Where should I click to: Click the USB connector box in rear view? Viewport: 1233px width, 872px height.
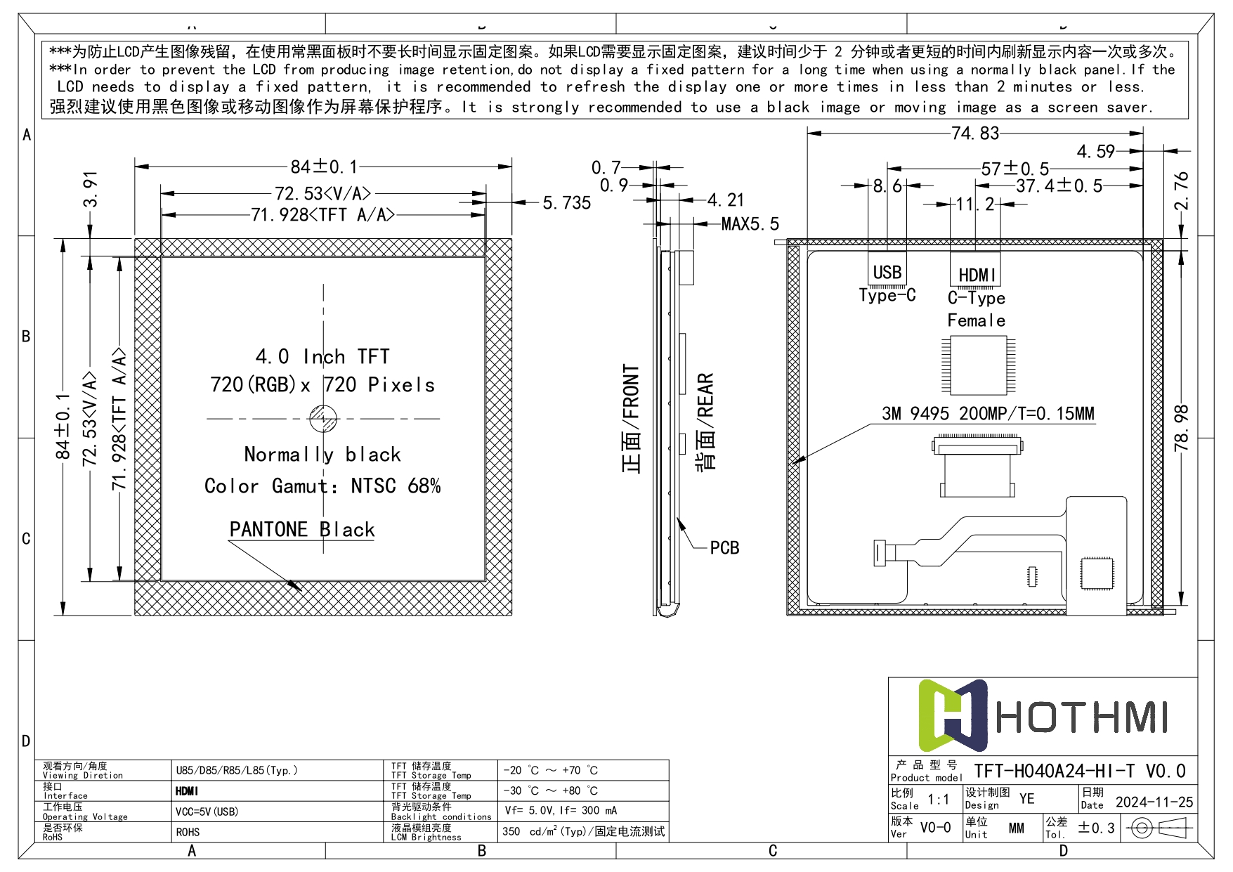tap(887, 271)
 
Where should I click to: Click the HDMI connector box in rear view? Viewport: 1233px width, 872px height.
tap(975, 273)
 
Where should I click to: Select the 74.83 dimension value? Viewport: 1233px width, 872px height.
tap(974, 133)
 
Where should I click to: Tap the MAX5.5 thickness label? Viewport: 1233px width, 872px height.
tap(750, 224)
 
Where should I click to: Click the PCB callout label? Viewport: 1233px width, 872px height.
tap(724, 547)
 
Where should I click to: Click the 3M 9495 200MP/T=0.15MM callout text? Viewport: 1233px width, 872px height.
tap(988, 413)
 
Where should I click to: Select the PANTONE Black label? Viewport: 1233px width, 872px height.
tap(302, 529)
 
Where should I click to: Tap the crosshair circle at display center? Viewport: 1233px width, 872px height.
tap(323, 419)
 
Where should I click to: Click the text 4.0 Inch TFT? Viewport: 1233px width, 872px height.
tap(322, 356)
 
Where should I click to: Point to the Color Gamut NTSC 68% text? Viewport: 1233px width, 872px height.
tap(322, 486)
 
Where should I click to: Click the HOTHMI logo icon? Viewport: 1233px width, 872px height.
tap(953, 715)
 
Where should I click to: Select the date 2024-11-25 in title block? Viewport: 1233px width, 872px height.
tap(1154, 802)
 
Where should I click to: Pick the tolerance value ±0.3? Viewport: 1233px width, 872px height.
tap(1096, 828)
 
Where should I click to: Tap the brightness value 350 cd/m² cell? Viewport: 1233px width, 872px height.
tap(582, 831)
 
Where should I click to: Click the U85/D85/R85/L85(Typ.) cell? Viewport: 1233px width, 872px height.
tap(237, 770)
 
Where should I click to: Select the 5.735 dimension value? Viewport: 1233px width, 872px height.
tap(566, 203)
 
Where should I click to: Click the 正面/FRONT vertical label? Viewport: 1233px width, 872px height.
tap(632, 419)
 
